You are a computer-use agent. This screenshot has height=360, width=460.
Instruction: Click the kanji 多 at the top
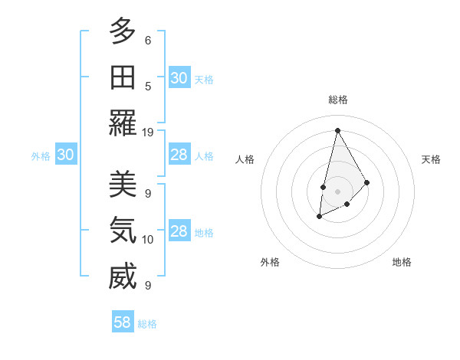click(x=122, y=31)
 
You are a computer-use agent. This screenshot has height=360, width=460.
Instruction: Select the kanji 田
click(x=122, y=77)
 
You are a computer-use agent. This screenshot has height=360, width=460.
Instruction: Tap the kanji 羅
click(x=122, y=123)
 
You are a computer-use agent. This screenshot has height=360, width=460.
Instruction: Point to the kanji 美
click(x=122, y=184)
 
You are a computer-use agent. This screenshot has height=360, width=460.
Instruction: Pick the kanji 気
click(x=122, y=230)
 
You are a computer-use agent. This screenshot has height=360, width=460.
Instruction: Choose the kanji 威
click(x=122, y=277)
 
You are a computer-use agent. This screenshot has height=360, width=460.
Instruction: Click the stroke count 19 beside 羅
click(x=148, y=132)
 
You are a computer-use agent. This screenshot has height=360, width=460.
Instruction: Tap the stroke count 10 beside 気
click(x=148, y=240)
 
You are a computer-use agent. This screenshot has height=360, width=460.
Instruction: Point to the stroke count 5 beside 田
click(x=148, y=87)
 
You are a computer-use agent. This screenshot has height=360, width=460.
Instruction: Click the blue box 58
click(x=123, y=322)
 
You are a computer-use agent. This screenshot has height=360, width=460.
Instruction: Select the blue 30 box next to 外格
click(x=65, y=155)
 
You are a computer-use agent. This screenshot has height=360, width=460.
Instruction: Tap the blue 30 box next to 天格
click(x=179, y=78)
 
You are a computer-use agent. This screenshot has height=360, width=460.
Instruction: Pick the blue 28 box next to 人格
click(x=179, y=155)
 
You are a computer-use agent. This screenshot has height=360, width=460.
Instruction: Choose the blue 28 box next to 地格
click(x=179, y=231)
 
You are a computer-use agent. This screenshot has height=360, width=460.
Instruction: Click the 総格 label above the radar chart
click(x=338, y=100)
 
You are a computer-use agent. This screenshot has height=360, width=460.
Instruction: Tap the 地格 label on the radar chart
click(x=402, y=262)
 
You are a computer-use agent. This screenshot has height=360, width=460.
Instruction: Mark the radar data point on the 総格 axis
click(x=337, y=130)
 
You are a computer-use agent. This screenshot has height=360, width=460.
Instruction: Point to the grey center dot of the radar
click(x=337, y=191)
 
